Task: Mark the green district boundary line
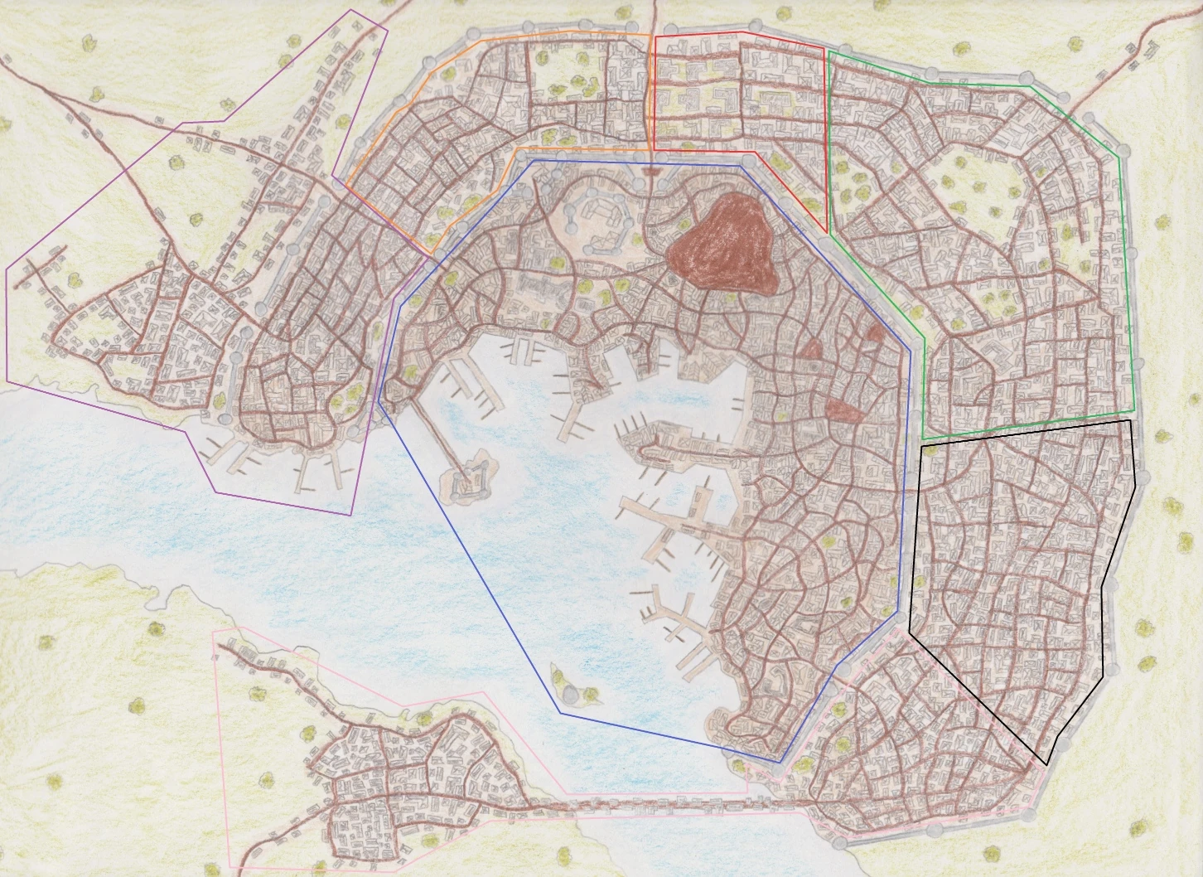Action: [x=1123, y=249]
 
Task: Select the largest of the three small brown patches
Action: [x=843, y=409]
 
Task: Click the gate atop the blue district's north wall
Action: [x=650, y=170]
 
